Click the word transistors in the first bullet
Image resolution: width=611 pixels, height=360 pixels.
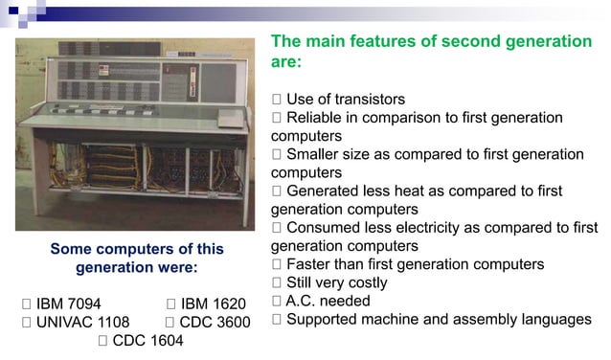[365, 100]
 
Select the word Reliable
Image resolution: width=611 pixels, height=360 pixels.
[317, 118]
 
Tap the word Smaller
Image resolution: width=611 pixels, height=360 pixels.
[315, 154]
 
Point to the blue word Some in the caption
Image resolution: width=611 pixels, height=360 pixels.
[70, 249]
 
